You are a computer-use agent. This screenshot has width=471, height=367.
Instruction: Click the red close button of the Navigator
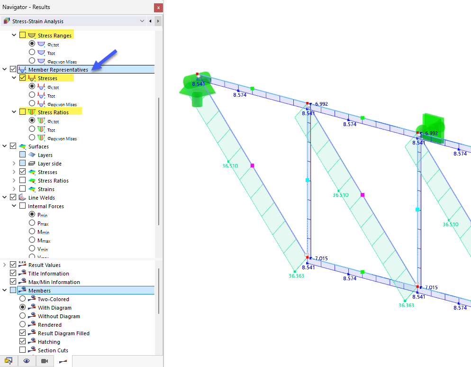click(158, 8)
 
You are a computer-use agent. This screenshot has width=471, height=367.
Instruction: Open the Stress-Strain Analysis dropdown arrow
click(142, 21)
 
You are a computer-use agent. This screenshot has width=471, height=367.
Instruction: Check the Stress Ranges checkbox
click(23, 35)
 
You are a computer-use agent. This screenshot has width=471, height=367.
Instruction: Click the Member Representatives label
click(58, 69)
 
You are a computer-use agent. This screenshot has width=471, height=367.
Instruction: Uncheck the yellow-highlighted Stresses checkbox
click(23, 78)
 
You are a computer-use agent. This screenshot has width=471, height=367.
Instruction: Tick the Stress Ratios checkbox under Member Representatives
click(23, 112)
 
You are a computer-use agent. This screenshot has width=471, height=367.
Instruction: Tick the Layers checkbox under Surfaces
click(23, 155)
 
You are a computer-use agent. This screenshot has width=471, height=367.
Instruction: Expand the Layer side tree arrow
click(14, 163)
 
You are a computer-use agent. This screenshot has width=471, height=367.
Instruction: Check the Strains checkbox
click(23, 189)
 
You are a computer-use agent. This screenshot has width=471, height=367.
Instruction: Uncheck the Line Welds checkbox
click(13, 197)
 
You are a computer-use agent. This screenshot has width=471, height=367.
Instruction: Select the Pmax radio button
click(32, 223)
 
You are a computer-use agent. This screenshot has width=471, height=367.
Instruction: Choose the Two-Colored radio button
click(23, 299)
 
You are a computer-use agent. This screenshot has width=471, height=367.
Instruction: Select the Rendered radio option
click(23, 324)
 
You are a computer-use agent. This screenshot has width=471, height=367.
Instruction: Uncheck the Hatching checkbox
click(23, 341)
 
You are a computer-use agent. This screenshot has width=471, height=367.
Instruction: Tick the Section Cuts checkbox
click(23, 350)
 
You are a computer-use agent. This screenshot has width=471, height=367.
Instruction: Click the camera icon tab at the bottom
click(45, 361)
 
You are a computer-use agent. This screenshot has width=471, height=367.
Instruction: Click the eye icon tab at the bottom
click(27, 361)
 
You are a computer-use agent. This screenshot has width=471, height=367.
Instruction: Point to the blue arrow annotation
click(104, 60)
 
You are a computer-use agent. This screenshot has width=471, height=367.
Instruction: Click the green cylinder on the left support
click(197, 100)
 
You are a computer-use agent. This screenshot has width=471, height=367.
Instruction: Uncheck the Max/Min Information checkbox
click(13, 282)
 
